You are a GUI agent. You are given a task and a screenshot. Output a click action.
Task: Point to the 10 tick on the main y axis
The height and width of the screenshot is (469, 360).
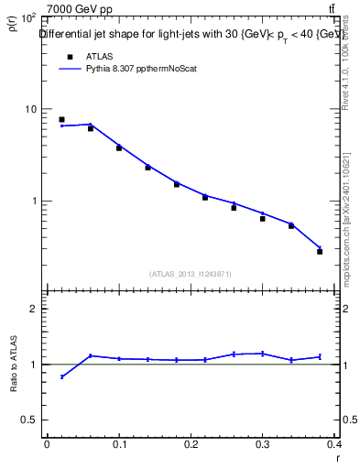pos(31,109)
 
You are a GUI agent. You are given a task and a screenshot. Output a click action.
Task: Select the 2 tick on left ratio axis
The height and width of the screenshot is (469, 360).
pos(33,309)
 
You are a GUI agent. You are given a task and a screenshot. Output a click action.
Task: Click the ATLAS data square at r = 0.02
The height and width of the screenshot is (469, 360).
pos(61,119)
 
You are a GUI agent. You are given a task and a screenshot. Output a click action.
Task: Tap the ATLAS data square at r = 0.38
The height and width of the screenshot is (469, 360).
pos(320,251)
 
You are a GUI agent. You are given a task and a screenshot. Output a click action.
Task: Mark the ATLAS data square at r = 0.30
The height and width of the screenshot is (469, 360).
pos(262,218)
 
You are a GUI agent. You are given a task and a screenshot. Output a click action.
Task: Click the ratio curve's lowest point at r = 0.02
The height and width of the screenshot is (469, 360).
pos(61,376)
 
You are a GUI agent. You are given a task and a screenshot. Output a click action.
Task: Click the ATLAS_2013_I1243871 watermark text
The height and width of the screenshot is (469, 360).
pos(191,273)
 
